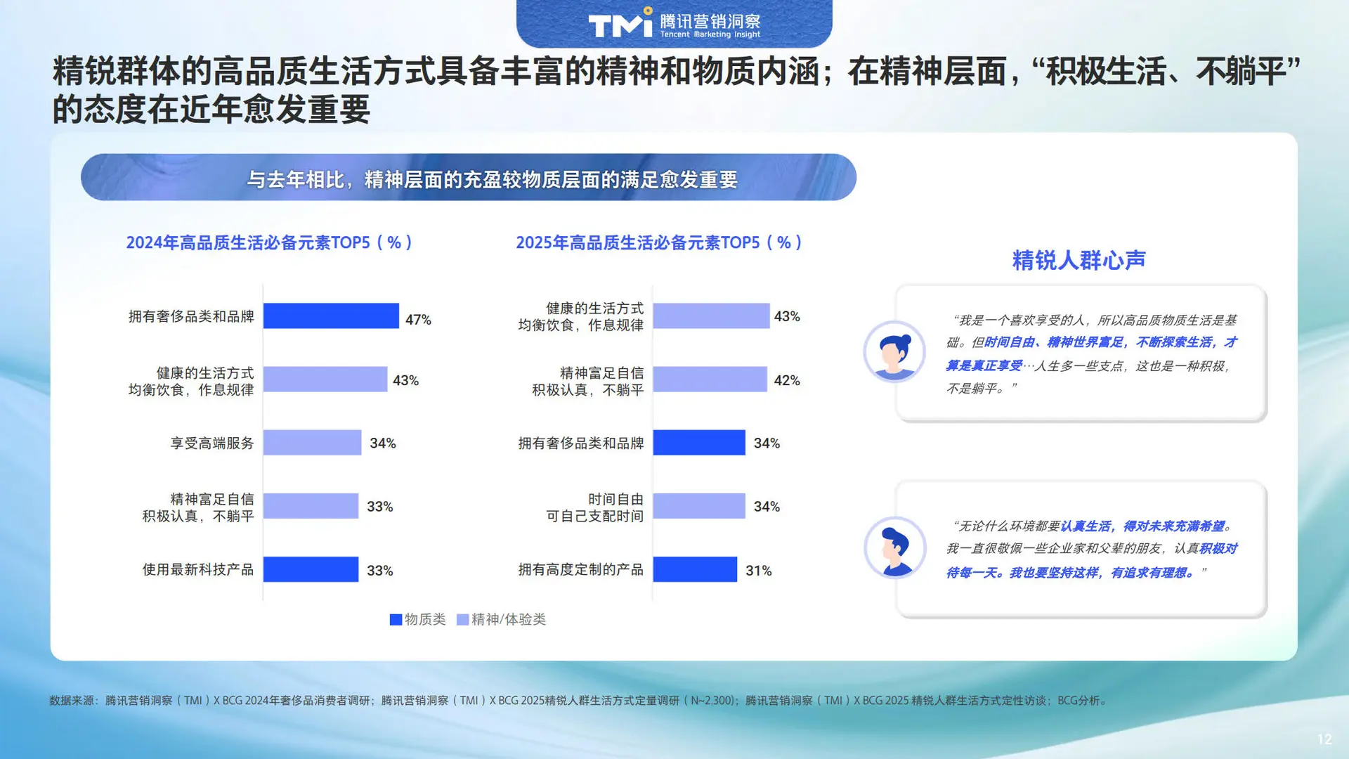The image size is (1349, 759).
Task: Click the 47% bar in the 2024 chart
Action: [x=331, y=316]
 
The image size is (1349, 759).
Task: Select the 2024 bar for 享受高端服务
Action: [x=312, y=443]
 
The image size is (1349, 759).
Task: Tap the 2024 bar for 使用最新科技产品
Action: [x=311, y=569]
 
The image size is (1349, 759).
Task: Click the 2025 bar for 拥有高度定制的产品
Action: [x=695, y=569]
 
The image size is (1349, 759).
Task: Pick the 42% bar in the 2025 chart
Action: [x=710, y=379]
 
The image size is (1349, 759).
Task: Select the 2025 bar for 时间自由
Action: [x=699, y=506]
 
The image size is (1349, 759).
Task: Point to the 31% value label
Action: [x=759, y=571]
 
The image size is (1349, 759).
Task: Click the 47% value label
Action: [x=418, y=320]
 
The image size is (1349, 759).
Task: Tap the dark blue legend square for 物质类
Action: [x=396, y=619]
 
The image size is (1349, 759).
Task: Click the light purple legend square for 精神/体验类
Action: [x=462, y=619]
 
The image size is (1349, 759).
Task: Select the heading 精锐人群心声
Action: [x=1078, y=260]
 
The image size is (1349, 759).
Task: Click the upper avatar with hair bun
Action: [x=894, y=351]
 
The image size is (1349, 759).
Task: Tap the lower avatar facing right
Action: [x=894, y=548]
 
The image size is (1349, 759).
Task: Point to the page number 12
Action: [x=1324, y=739]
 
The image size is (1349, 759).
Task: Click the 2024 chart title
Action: [x=269, y=242]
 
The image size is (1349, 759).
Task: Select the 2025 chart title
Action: [x=659, y=242]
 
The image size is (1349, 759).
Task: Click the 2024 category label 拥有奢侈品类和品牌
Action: [x=191, y=316]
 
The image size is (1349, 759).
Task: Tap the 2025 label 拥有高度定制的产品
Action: [x=581, y=569]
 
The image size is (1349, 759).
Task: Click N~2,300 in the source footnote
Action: [x=712, y=701]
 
